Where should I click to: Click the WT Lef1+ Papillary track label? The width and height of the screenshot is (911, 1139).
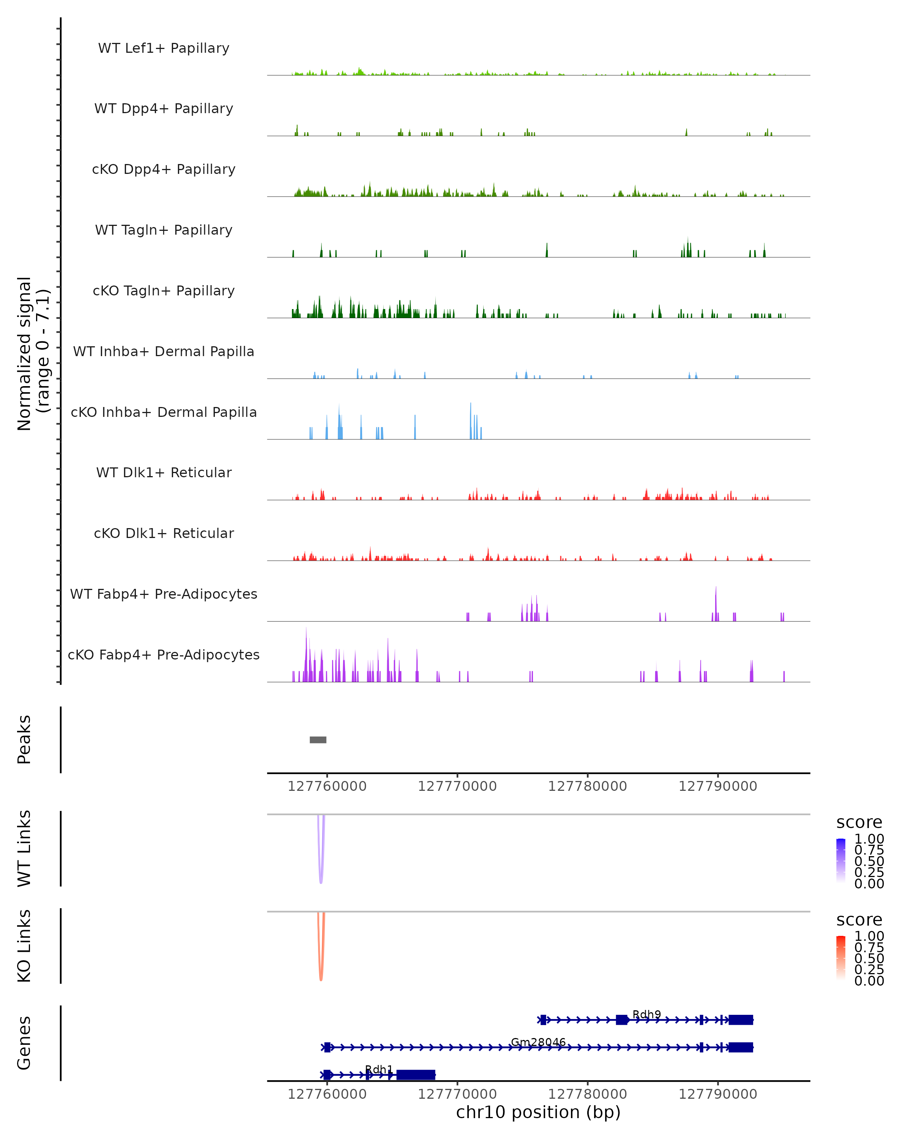pos(164,48)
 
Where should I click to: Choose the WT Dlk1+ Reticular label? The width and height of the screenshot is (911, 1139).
pos(164,472)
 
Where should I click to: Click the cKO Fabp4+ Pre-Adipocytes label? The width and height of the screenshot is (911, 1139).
pos(164,655)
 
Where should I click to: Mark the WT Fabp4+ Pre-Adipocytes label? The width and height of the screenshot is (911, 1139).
pos(164,594)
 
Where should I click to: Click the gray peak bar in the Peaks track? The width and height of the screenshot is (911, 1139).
pos(318,740)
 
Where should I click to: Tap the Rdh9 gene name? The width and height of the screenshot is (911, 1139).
pos(646,1014)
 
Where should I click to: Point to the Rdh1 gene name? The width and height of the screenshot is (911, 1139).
pos(379,1069)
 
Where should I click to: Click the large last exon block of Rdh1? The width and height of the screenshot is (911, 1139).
pos(416,1074)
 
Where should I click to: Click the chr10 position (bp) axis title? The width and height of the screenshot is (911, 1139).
pos(538,1112)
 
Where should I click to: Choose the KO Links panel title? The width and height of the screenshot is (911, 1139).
pos(24,946)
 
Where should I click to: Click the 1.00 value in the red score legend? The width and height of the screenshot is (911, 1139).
pos(869,935)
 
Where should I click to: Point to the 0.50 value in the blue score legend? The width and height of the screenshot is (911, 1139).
pos(869,861)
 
